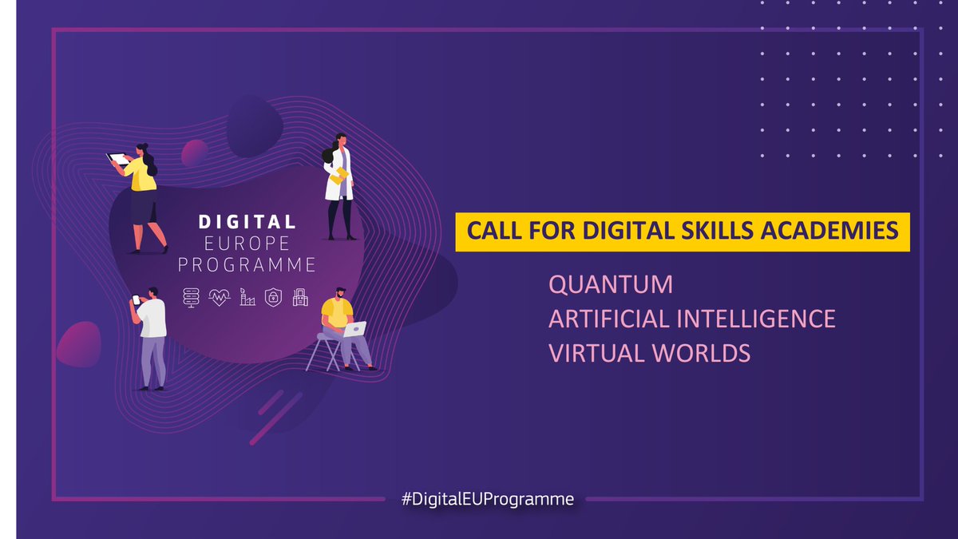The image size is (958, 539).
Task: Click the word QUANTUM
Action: pos(611,284)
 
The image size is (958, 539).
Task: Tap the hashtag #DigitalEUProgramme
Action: pos(488,500)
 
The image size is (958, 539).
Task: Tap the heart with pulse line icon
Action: pos(219,297)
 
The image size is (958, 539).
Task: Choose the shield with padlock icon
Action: pos(273,297)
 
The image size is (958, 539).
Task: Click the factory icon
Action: pos(247,297)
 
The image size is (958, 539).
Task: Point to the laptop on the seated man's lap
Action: pos(354,328)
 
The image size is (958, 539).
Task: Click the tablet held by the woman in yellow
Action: pos(120,159)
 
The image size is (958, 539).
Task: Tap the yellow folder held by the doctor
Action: pos(341,175)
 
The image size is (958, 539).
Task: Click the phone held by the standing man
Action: pos(135,299)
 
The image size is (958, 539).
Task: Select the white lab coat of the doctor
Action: pos(335,180)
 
